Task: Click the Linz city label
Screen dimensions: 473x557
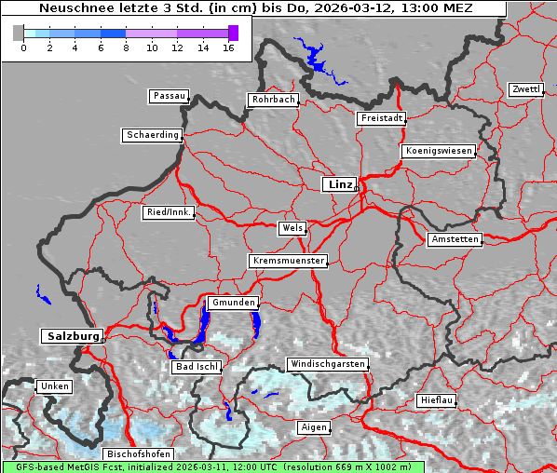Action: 339,184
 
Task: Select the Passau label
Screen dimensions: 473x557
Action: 169,96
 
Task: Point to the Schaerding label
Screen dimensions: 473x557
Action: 152,135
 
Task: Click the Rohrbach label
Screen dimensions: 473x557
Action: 272,100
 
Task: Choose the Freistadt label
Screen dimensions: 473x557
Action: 381,118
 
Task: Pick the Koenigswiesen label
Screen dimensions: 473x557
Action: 439,151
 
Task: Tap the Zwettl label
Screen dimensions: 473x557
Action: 525,89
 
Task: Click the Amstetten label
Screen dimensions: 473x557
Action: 455,239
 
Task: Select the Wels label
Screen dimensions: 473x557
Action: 292,228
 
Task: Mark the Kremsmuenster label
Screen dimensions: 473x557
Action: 289,261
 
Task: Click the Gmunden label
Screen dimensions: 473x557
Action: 232,303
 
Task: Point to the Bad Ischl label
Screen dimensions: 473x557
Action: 197,367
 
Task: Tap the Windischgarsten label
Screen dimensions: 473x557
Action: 327,364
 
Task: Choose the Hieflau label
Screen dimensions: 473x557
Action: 437,400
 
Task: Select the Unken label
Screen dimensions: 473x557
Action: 54,385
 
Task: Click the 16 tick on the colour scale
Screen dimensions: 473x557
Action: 229,47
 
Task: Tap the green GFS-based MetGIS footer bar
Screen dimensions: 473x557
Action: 212,466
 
